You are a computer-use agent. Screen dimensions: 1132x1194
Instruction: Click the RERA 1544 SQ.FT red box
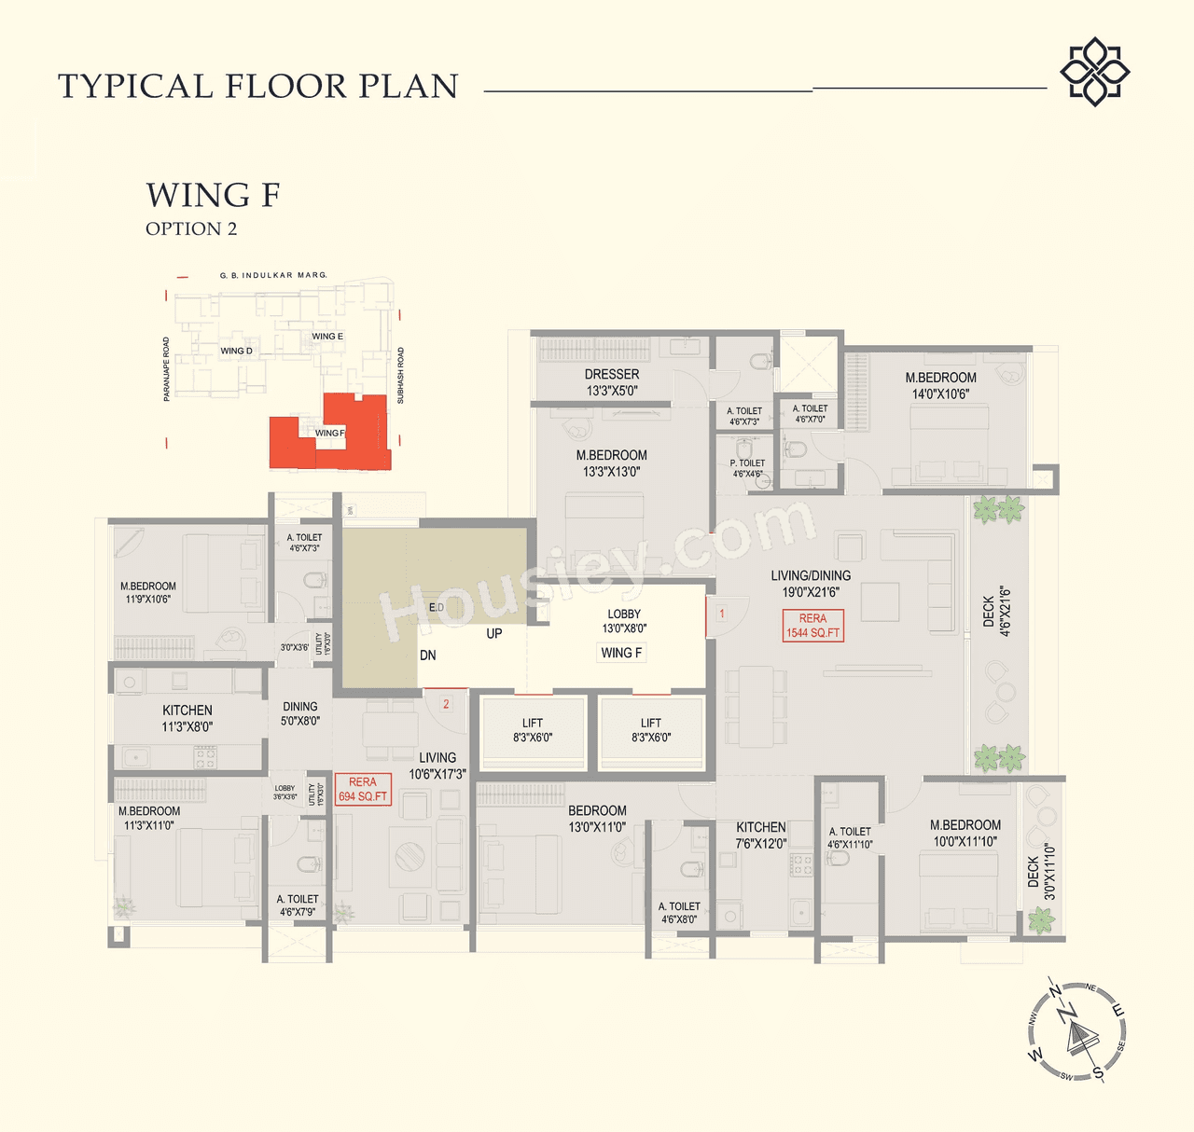coord(812,626)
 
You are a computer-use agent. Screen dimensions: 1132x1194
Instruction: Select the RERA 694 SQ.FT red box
coord(363,790)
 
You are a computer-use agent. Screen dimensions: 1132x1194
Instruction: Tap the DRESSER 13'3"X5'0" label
coord(612,382)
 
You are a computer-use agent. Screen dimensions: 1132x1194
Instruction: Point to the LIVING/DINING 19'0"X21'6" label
coord(811,584)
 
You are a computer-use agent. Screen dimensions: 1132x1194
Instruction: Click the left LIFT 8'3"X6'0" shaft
coord(533,730)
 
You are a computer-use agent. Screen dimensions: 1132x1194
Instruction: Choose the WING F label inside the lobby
coord(621,653)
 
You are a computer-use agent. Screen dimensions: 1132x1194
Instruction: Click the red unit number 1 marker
coord(721,614)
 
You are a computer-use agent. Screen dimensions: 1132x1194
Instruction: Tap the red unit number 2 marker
coord(446,704)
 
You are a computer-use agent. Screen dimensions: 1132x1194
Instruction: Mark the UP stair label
coord(493,633)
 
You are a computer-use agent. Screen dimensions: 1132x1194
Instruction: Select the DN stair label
coord(427,656)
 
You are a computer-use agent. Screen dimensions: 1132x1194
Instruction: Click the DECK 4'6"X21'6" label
coord(996,611)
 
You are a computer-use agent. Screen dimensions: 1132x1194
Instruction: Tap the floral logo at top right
coord(1094,72)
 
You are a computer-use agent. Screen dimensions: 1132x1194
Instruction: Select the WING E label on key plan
coord(327,337)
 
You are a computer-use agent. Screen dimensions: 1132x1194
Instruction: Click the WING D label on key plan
coord(236,352)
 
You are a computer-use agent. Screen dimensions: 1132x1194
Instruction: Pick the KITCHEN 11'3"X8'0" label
coord(187,718)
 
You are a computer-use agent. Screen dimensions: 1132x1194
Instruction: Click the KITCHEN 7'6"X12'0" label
coord(761,835)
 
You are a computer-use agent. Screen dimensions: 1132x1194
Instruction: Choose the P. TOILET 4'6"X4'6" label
coord(747,468)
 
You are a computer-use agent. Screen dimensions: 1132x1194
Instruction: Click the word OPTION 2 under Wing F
coord(191,229)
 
